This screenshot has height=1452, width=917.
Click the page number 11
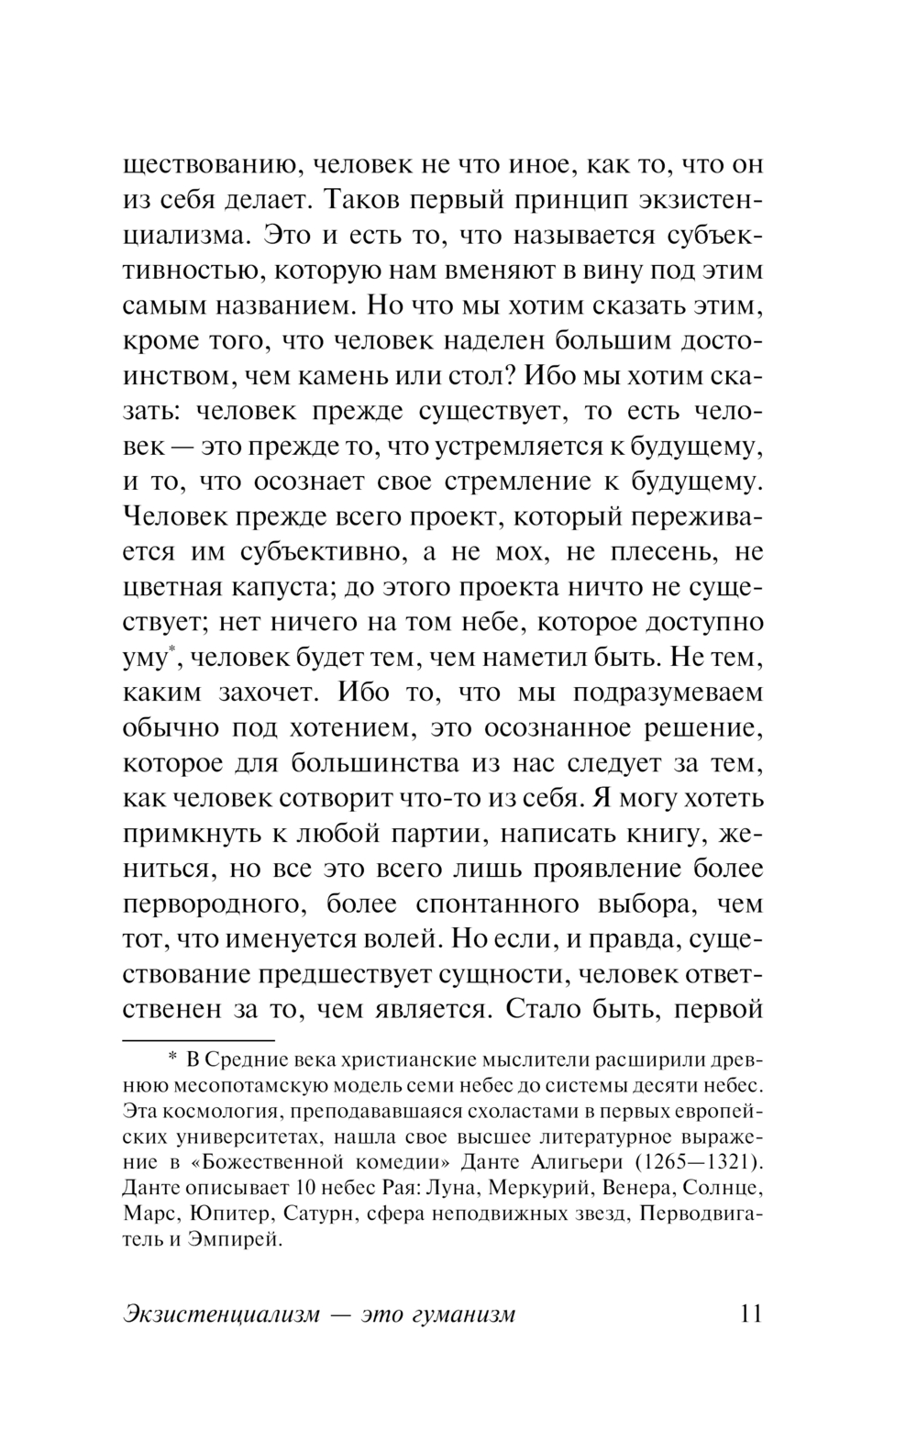click(749, 1313)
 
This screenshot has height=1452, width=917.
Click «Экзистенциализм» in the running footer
click(221, 1314)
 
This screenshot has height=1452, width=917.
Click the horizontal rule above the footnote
click(198, 1041)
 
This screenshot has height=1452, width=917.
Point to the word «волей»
click(403, 939)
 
